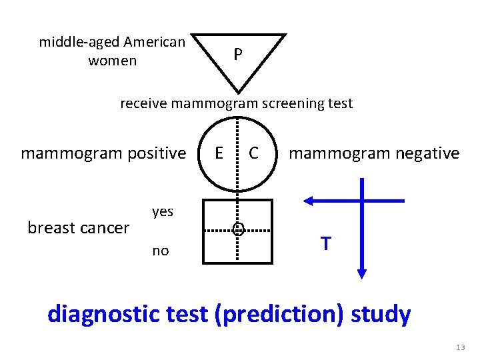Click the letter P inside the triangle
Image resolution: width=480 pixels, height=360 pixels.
pyautogui.click(x=237, y=54)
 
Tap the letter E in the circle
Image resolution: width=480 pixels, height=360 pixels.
pyautogui.click(x=219, y=153)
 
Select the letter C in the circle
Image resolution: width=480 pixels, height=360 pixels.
pyautogui.click(x=253, y=153)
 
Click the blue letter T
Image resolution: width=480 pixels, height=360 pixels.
pyautogui.click(x=325, y=244)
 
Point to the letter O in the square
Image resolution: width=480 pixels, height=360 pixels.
pyautogui.click(x=237, y=230)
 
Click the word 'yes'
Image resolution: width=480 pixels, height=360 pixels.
pyautogui.click(x=163, y=212)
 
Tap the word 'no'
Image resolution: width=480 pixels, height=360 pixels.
pyautogui.click(x=161, y=251)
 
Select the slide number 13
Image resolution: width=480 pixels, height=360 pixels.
pyautogui.click(x=460, y=347)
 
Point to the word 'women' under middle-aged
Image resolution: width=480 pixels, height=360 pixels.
pyautogui.click(x=112, y=61)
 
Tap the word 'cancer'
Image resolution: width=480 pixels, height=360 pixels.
pyautogui.click(x=103, y=228)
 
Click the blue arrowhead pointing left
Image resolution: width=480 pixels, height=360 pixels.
pyautogui.click(x=309, y=200)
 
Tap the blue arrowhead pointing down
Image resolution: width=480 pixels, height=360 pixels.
pyautogui.click(x=361, y=273)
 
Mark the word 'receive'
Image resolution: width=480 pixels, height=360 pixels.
pyautogui.click(x=143, y=103)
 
